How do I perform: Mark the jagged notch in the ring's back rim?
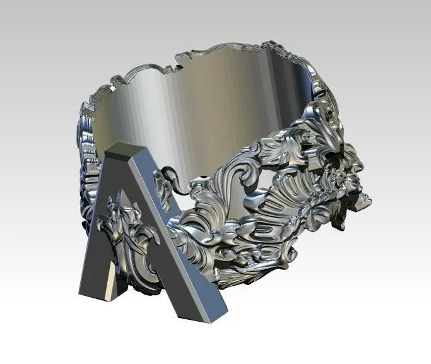176,62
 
